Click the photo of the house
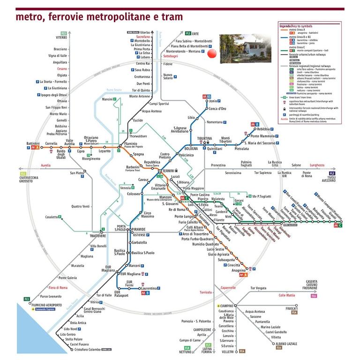click(x=246, y=48)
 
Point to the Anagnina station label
click(x=239, y=270)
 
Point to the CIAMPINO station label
click(x=226, y=306)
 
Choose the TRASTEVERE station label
click(x=97, y=236)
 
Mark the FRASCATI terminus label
click(x=292, y=308)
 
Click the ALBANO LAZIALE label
click(x=286, y=344)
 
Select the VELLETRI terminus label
click(x=227, y=351)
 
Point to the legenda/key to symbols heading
click(x=296, y=27)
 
